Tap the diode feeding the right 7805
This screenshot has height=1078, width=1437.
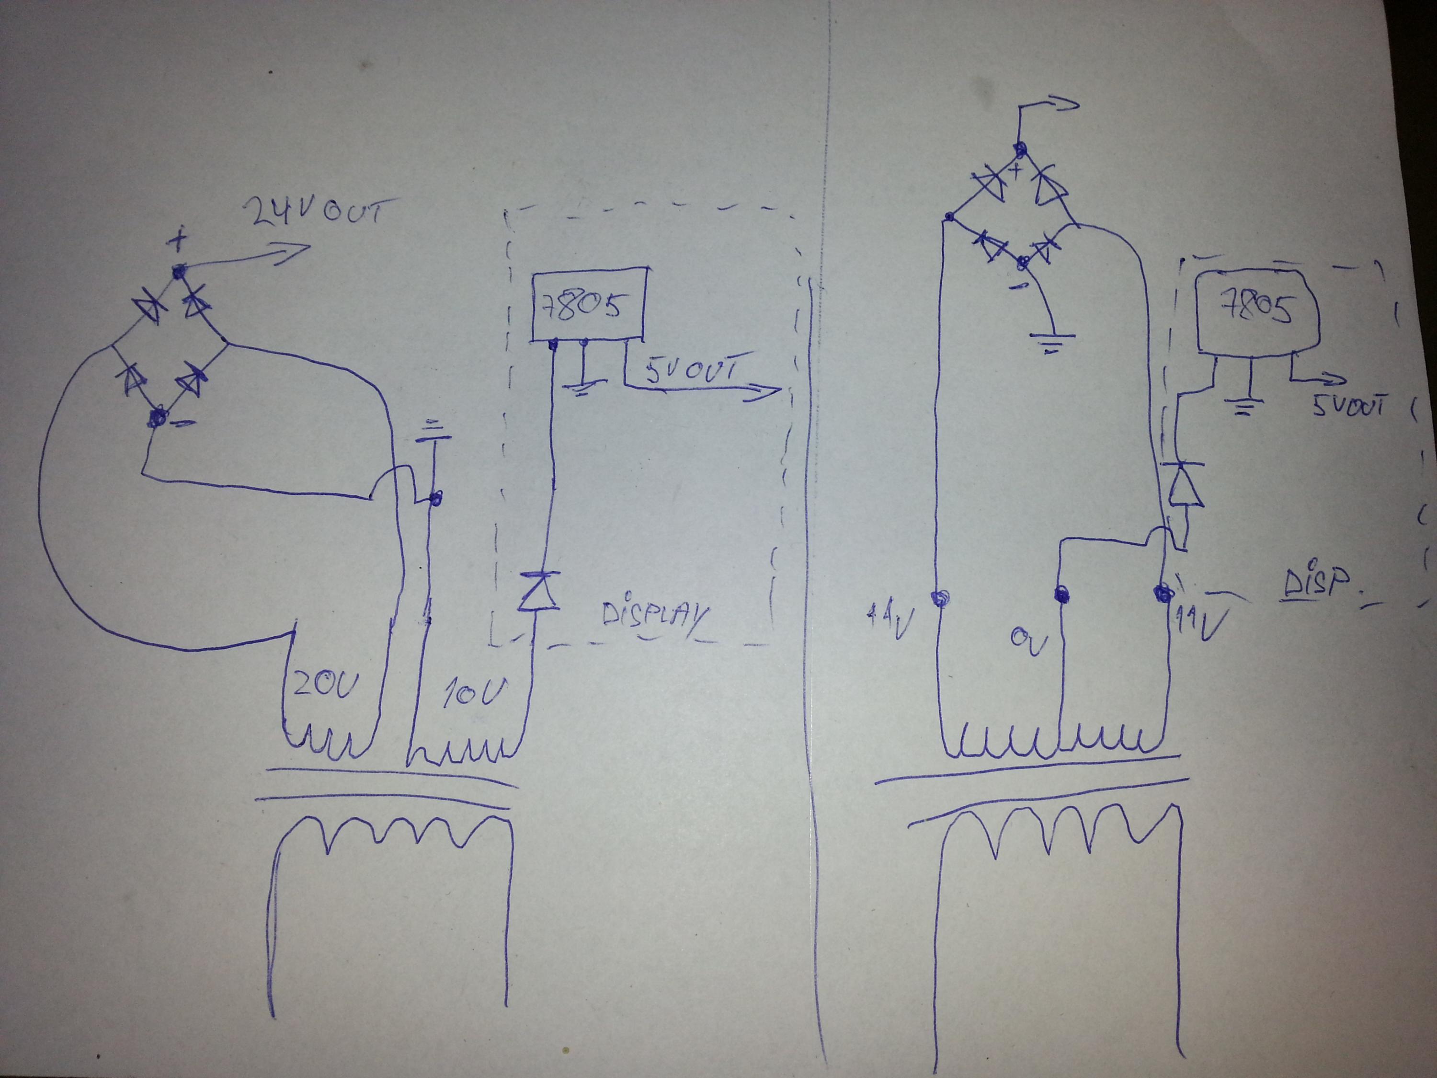tap(1185, 484)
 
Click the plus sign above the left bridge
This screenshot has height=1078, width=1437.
tap(177, 242)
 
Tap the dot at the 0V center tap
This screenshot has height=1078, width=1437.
tap(1061, 593)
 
